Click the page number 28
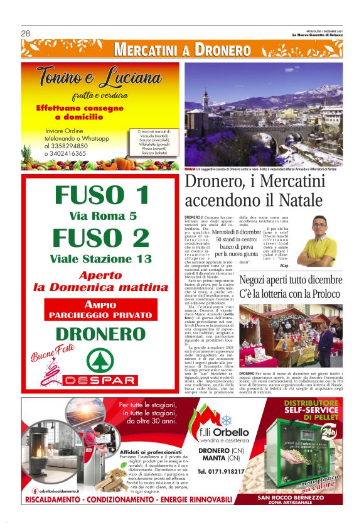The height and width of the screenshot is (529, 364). point(26,33)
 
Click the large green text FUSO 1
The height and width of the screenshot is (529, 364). point(102,195)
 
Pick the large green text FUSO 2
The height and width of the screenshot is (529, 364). point(102,237)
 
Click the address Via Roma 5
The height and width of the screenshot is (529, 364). point(102,216)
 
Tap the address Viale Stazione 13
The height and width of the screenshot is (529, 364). point(102,258)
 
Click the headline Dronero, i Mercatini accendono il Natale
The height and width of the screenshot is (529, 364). point(254,191)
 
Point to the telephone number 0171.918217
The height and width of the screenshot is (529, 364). point(220,471)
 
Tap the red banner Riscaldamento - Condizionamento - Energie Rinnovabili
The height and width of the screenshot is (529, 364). point(128,499)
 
